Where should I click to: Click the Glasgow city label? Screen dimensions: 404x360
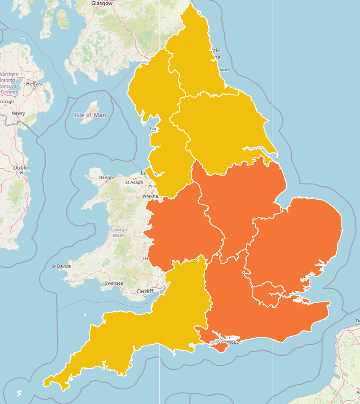pyautogui.click(x=101, y=3)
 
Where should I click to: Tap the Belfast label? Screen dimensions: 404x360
pyautogui.click(x=35, y=83)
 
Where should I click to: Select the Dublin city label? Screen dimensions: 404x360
pyautogui.click(x=21, y=168)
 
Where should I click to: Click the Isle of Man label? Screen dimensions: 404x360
pyautogui.click(x=90, y=115)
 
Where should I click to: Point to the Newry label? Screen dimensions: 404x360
pyautogui.click(x=18, y=113)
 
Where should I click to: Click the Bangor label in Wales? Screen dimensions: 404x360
pyautogui.click(x=107, y=178)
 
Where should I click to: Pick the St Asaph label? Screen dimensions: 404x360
pyautogui.click(x=134, y=182)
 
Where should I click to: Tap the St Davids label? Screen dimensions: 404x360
pyautogui.click(x=61, y=266)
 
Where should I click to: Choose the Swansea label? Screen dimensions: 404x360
pyautogui.click(x=114, y=283)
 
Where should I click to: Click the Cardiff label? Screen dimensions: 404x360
pyautogui.click(x=144, y=291)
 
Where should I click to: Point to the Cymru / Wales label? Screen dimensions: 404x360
pyautogui.click(x=118, y=232)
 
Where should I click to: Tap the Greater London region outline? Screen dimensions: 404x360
pyautogui.click(x=268, y=294)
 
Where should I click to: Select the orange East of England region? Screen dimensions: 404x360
pyautogui.click(x=299, y=238)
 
